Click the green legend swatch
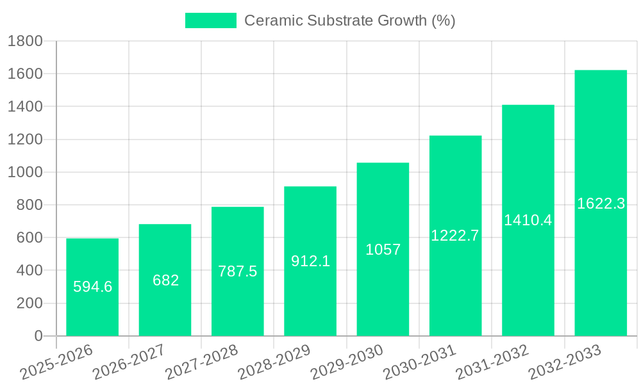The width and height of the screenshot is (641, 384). [210, 20]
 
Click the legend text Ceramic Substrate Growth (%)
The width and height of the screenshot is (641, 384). [350, 20]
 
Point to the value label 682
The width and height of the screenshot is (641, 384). [165, 280]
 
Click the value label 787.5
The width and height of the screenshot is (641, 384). [238, 271]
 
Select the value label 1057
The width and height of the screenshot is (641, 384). [383, 250]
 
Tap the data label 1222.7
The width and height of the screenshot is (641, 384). [455, 236]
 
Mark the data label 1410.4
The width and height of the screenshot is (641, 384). [528, 220]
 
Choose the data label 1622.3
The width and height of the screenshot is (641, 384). [601, 204]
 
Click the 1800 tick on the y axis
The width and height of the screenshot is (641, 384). [24, 42]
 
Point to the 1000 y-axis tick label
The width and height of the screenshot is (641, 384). [24, 172]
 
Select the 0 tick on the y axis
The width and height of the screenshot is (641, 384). [38, 336]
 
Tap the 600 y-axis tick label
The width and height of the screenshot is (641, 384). [29, 238]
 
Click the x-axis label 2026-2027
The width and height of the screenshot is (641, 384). [128, 363]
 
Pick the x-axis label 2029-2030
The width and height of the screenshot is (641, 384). [346, 363]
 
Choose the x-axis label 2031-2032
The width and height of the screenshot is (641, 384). [492, 363]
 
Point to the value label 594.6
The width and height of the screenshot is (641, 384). [92, 287]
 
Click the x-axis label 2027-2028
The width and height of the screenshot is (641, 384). [201, 363]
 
